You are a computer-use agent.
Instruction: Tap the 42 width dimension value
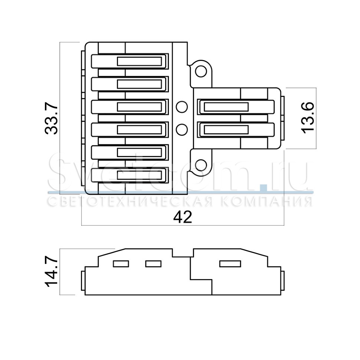183,217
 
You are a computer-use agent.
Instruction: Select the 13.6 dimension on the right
307,118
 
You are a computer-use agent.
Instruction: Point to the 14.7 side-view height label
51,272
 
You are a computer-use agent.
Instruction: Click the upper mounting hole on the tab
201,71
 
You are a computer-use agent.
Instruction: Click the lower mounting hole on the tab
201,165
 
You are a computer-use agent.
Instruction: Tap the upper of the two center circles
181,107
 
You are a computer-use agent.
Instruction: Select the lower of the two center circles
181,130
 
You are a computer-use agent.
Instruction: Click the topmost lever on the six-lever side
130,61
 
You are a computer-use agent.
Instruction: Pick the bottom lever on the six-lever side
130,175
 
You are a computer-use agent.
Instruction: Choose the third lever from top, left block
130,107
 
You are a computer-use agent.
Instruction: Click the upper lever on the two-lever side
236,107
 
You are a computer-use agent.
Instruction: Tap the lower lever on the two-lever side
236,130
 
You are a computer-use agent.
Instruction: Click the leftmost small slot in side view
121,264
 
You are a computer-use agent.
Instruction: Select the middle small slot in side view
153,264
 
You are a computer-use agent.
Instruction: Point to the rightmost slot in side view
230,264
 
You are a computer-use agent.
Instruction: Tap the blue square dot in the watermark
264,187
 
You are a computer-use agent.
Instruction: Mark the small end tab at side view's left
83,281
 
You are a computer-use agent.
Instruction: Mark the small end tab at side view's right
283,281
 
